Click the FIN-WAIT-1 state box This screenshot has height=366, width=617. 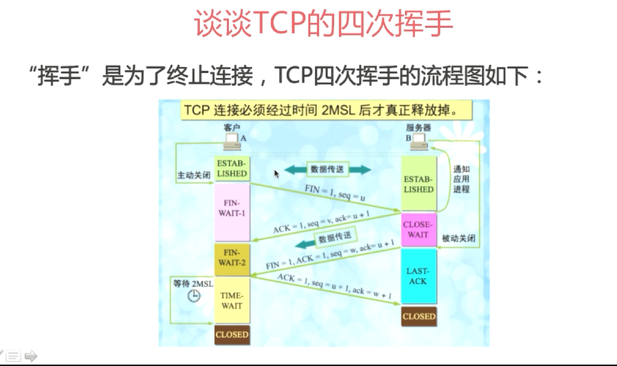pyautogui.click(x=232, y=212)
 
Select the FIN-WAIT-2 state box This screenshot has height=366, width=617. pyautogui.click(x=232, y=260)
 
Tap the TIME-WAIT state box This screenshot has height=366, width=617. pyautogui.click(x=232, y=300)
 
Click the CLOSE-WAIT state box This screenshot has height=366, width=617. pyautogui.click(x=419, y=230)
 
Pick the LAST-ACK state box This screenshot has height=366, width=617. pyautogui.click(x=419, y=276)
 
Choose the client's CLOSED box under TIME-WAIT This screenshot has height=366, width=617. pyautogui.click(x=232, y=335)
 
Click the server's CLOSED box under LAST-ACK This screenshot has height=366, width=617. pyautogui.click(x=419, y=317)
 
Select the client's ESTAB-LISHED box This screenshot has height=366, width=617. pyautogui.click(x=232, y=168)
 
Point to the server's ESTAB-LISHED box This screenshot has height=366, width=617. pyautogui.click(x=419, y=183)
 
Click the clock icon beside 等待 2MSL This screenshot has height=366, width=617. pyautogui.click(x=193, y=296)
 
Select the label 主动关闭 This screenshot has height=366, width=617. pyautogui.click(x=193, y=175)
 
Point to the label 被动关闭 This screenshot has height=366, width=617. pyautogui.click(x=458, y=238)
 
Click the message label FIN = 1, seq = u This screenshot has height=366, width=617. pyautogui.click(x=335, y=193)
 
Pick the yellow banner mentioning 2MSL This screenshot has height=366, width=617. pyautogui.click(x=326, y=110)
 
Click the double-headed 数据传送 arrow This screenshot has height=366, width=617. pyautogui.click(x=327, y=170)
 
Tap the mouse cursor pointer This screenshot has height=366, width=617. pyautogui.click(x=276, y=174)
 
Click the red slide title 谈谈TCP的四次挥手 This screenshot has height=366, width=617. pyautogui.click(x=324, y=24)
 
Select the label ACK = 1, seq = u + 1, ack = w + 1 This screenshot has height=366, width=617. pyautogui.click(x=335, y=286)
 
